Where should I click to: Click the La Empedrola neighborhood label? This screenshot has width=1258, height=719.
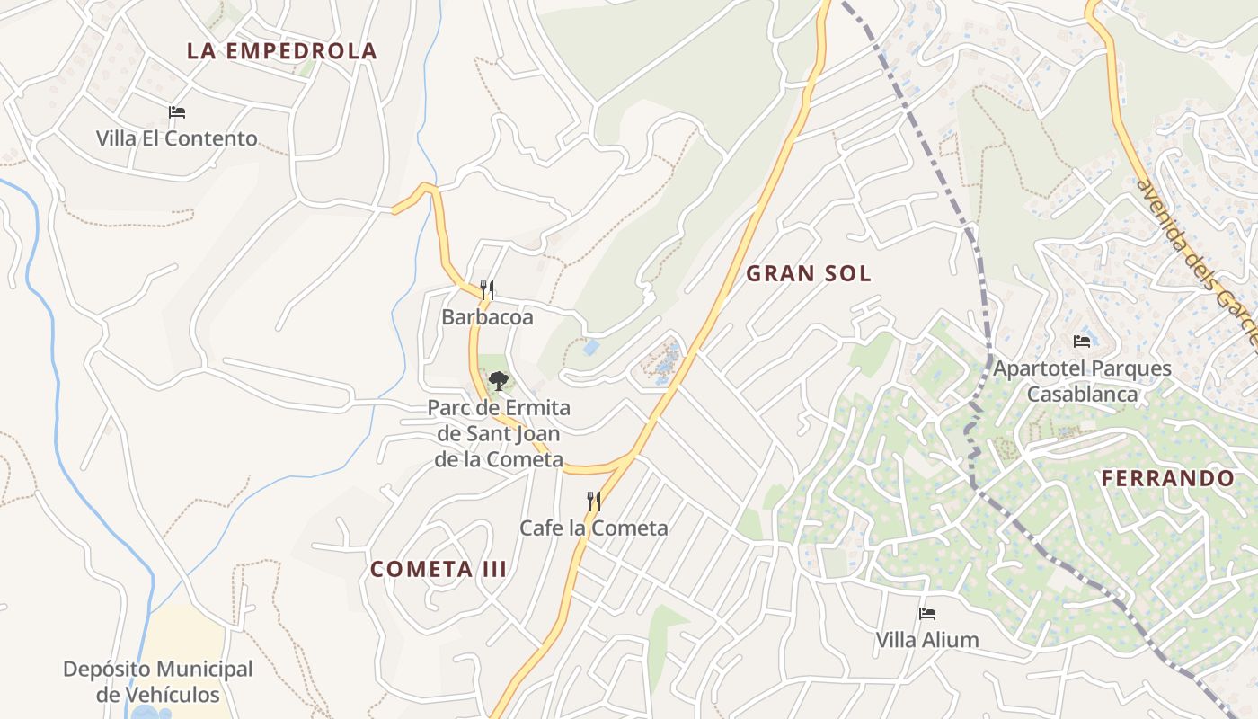(281, 51)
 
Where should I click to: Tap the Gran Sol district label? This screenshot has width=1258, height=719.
(809, 274)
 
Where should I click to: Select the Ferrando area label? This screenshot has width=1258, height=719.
(1168, 478)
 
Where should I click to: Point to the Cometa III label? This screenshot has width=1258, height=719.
(439, 569)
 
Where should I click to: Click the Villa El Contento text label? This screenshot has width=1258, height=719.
(177, 138)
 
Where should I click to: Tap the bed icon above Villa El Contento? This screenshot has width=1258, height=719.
(177, 112)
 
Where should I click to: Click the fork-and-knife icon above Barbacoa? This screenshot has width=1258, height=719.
(486, 289)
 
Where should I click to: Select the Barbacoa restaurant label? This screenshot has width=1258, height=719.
(487, 317)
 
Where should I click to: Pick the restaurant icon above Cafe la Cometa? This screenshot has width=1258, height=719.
(593, 501)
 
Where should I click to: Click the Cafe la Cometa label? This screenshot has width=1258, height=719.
(594, 528)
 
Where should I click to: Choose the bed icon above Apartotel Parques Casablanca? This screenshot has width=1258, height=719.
(1082, 342)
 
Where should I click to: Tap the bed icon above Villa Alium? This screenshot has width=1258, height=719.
(927, 614)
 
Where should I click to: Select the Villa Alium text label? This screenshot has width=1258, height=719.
(927, 640)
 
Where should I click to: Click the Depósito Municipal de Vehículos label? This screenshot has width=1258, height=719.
(158, 681)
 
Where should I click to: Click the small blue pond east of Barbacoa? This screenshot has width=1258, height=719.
(590, 347)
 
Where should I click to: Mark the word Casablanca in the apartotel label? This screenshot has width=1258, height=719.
(1082, 395)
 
